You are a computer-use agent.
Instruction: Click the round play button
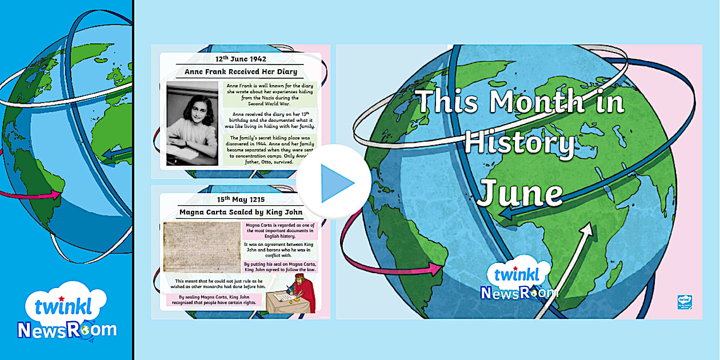pos(334,182)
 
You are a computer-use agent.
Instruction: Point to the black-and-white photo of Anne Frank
pos(192,123)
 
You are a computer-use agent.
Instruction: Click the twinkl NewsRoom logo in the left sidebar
pos(67,313)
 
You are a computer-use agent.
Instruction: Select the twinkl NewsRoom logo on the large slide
pos(519,281)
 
